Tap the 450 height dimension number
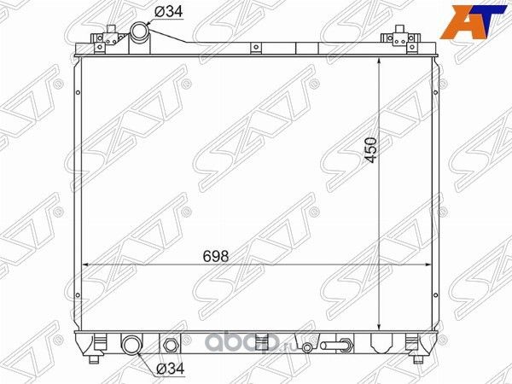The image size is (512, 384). [369, 148]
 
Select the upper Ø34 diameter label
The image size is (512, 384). [167, 11]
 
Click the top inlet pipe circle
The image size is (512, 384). [140, 32]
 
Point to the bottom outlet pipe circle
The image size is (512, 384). [133, 346]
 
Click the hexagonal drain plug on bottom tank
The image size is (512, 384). [170, 346]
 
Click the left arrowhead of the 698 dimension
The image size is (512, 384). [83, 265]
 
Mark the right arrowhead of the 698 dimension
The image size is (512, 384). [428, 265]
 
